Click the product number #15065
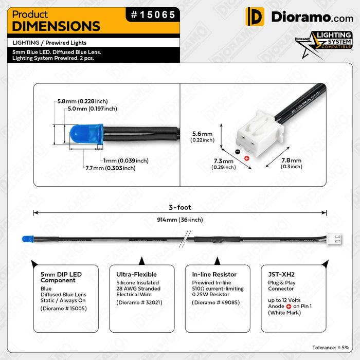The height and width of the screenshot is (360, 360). click(x=153, y=15)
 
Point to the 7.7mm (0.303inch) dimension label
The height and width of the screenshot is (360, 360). click(x=111, y=168)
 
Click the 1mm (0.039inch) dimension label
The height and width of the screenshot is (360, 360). click(x=125, y=160)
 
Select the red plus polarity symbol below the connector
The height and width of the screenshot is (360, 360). click(x=246, y=158)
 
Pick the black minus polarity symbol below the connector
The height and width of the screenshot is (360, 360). click(x=237, y=152)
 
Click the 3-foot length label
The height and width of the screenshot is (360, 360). click(x=180, y=207)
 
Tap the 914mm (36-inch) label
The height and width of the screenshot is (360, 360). click(x=180, y=220)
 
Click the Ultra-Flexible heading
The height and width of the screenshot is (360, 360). click(x=136, y=274)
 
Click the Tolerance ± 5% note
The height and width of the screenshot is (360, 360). click(x=331, y=348)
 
